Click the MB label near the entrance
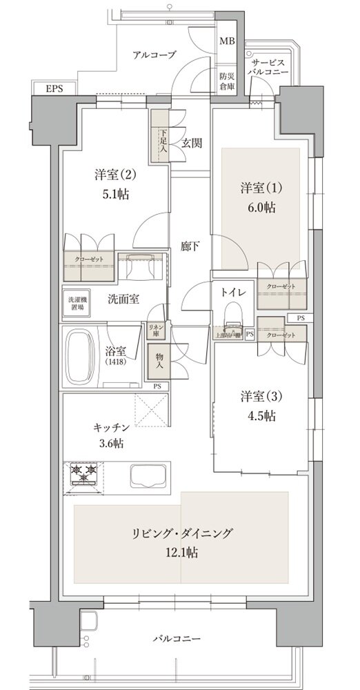(227, 41)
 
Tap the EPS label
(52, 89)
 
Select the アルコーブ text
(154, 55)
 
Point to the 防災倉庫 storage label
(227, 81)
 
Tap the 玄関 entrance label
(192, 143)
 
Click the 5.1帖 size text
(112, 194)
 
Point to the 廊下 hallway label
(191, 246)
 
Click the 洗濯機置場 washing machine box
(77, 304)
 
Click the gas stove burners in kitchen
(84, 475)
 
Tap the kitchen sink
(146, 477)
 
